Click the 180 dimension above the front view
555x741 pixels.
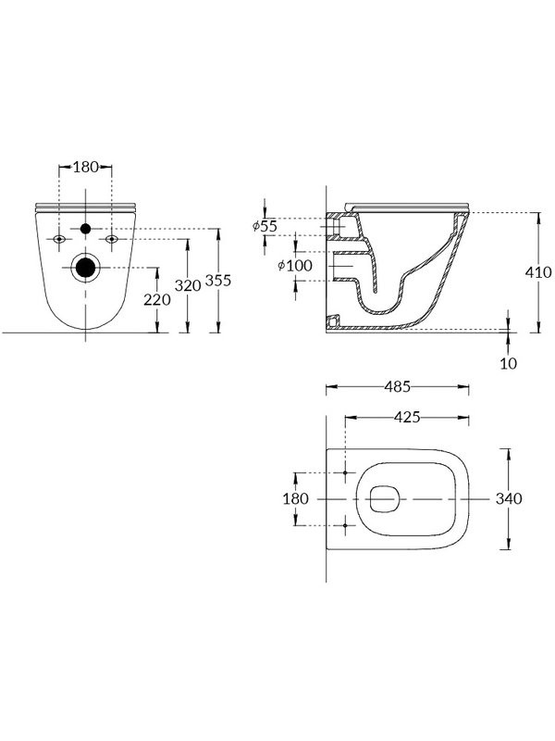point(85,168)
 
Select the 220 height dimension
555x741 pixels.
point(156,300)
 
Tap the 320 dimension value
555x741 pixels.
point(189,285)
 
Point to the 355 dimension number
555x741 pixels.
point(218,281)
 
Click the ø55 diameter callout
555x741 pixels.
point(265,226)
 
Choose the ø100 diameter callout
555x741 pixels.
point(295,267)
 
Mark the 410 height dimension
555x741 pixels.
point(539,272)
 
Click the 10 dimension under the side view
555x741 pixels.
point(509,362)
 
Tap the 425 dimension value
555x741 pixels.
point(408,417)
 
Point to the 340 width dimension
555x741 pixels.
point(509,498)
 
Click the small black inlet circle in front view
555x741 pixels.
point(85,228)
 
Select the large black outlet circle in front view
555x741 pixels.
point(85,268)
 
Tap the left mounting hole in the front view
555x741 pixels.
point(59,239)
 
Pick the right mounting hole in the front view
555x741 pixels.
point(112,239)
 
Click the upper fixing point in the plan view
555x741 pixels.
point(346,472)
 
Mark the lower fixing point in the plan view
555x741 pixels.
point(346,525)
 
